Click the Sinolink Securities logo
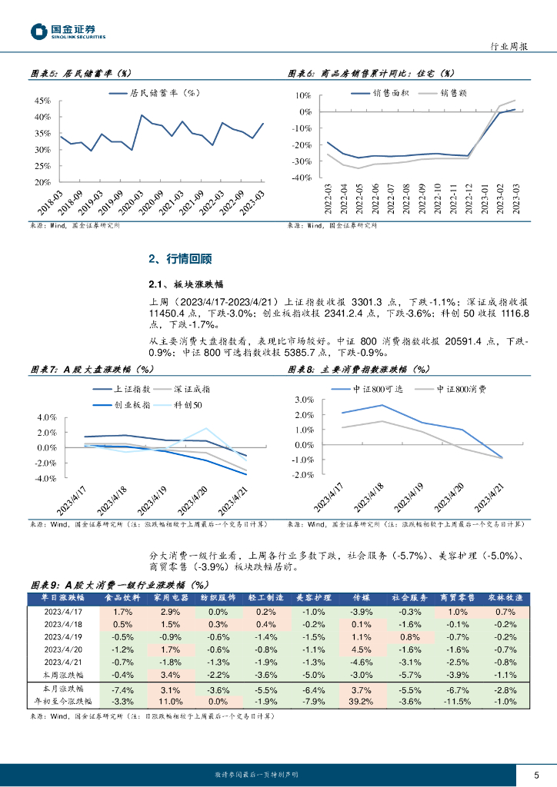coord(68,31)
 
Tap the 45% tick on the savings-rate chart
coord(42,101)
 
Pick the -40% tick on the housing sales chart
coord(302,178)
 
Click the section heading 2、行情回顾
coord(179,259)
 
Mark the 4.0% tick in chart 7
coord(47,417)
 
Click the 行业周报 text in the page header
coord(509,47)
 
